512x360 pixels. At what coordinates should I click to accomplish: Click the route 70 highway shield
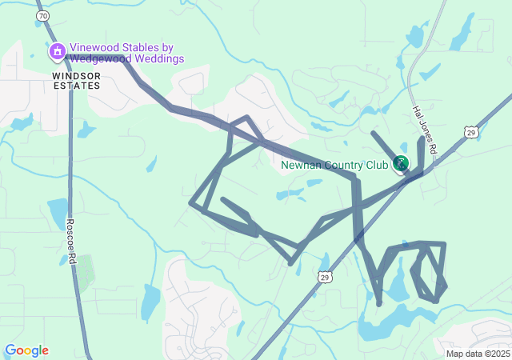(42, 15)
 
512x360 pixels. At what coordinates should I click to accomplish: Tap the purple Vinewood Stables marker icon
(57, 53)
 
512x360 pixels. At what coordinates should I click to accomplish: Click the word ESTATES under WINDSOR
(77, 84)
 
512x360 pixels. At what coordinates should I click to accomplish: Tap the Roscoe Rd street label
(71, 238)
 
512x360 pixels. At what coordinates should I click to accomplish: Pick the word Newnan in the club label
(300, 166)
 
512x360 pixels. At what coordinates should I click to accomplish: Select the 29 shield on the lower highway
(324, 277)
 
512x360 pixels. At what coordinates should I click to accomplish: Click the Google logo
(26, 350)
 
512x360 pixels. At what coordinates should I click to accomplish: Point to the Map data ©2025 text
(477, 354)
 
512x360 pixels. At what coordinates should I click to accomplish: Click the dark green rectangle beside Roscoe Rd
(85, 271)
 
